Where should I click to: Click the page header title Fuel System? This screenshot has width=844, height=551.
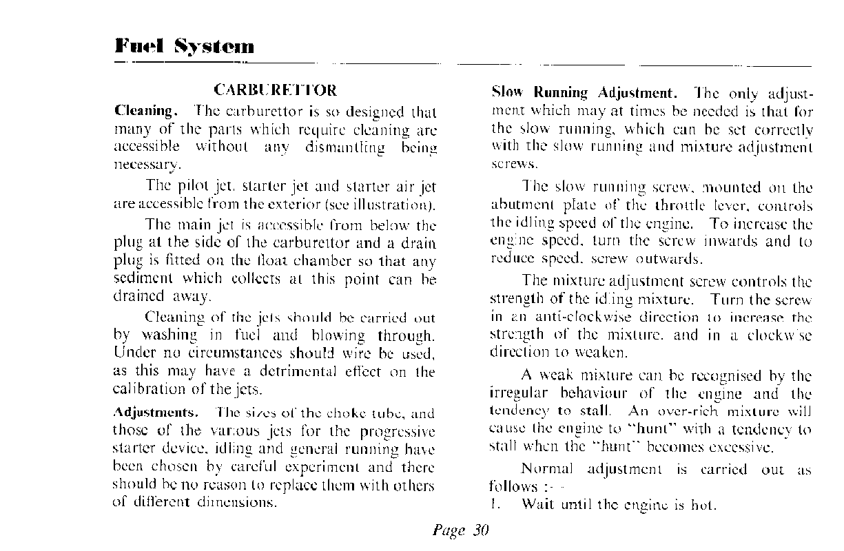[x=185, y=46]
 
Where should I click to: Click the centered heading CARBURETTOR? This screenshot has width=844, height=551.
[x=276, y=90]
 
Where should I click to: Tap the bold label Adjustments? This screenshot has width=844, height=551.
[x=156, y=413]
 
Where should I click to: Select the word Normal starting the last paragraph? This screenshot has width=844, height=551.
[x=547, y=470]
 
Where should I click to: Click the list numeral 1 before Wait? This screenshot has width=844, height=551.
[x=494, y=505]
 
